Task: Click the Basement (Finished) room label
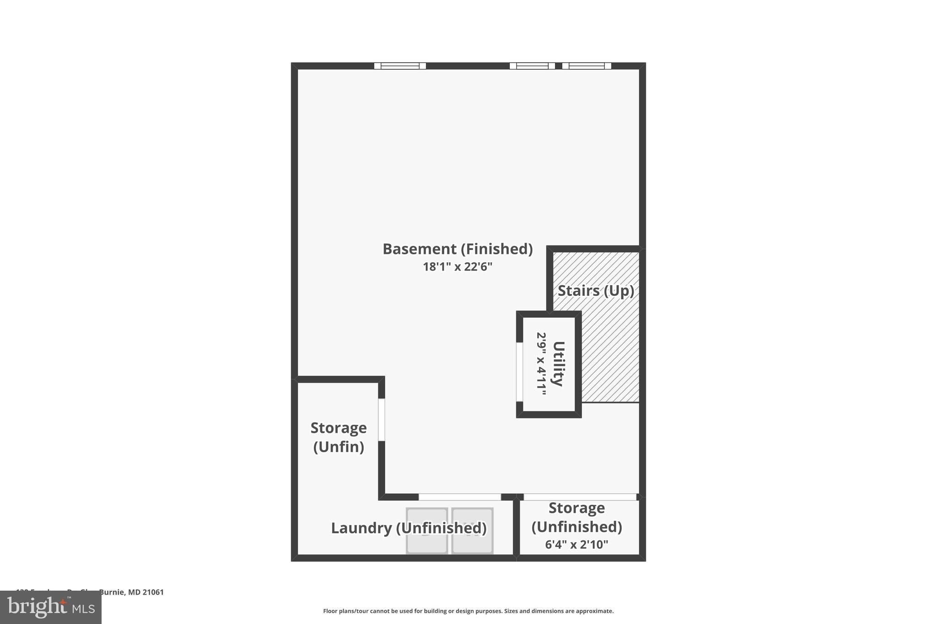click(458, 249)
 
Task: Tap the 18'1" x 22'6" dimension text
click(458, 267)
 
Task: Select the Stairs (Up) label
click(596, 291)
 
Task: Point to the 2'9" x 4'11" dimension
click(541, 364)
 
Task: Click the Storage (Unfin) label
click(339, 437)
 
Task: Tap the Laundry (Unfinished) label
click(409, 528)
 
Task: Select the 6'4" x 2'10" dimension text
click(576, 544)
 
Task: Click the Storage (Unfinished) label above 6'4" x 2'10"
click(576, 517)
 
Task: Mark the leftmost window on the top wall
click(400, 66)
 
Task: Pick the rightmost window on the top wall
click(587, 66)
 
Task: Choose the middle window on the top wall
click(532, 66)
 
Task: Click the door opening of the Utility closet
click(520, 372)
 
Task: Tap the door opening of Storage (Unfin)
click(382, 420)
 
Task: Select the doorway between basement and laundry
click(460, 497)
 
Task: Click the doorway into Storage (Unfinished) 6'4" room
click(580, 497)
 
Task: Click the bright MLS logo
click(51, 607)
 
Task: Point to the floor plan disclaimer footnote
click(468, 611)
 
